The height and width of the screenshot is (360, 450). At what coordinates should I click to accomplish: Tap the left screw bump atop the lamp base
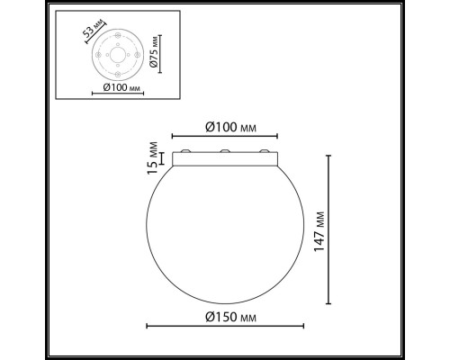[185, 150]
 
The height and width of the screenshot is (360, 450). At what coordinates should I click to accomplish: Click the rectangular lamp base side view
[225, 159]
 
